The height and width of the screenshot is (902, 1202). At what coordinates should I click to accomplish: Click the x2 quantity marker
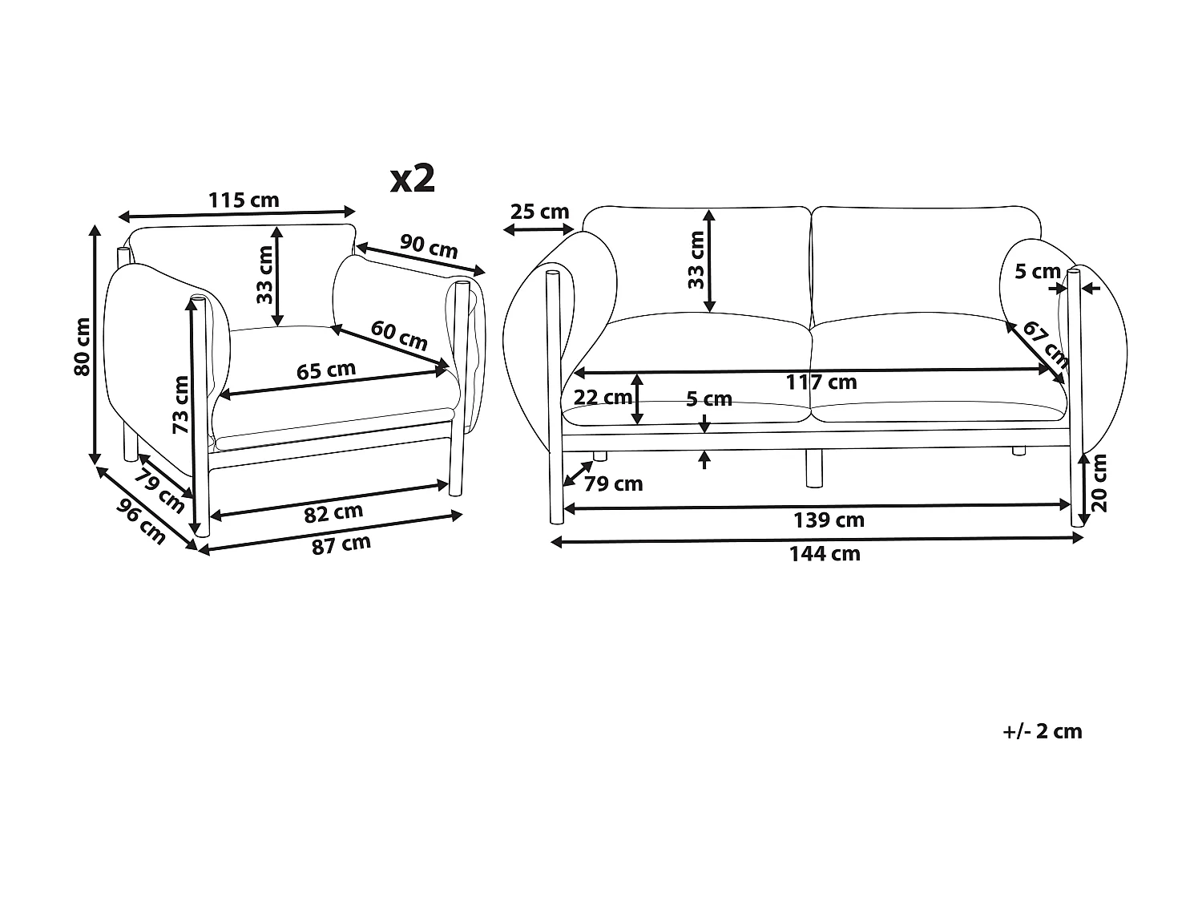[x=413, y=179]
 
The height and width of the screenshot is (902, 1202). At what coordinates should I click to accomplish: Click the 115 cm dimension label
[x=244, y=200]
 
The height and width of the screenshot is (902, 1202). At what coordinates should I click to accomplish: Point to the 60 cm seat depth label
[x=399, y=334]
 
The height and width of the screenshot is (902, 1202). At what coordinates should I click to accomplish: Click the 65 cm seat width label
[x=326, y=370]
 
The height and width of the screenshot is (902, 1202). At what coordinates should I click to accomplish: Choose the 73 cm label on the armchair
[x=182, y=405]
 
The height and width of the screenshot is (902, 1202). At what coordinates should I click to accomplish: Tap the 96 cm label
[x=141, y=521]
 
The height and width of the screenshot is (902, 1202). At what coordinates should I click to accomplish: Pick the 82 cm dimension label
[x=334, y=512]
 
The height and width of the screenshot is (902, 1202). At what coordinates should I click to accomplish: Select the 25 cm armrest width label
[x=540, y=212]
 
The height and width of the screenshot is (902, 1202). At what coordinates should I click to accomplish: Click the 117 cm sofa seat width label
[x=821, y=382]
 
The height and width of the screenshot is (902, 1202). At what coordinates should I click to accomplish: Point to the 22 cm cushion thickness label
[x=603, y=397]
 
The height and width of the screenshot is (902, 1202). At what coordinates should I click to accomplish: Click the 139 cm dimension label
[x=829, y=520]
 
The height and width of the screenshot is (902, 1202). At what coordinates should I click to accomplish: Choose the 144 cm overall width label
[x=825, y=553]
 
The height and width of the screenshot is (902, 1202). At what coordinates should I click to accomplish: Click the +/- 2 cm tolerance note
[x=1042, y=731]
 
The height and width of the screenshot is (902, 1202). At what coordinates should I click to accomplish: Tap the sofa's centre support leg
[x=814, y=468]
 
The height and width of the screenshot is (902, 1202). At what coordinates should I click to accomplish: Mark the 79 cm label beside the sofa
[x=614, y=483]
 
